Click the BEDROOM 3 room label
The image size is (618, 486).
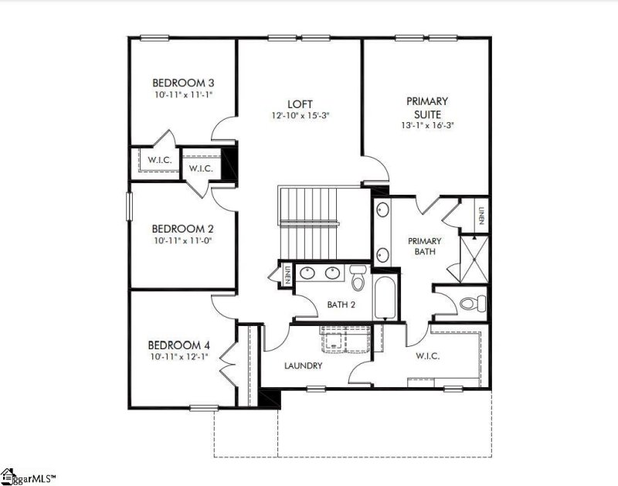tap(182, 83)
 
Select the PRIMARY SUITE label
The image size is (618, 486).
tap(427, 107)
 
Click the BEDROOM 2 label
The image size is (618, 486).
tap(182, 229)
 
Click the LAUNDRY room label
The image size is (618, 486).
tap(303, 365)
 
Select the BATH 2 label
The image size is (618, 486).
tap(341, 304)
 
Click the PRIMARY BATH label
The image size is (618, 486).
tap(424, 246)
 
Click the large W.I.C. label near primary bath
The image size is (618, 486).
tap(426, 356)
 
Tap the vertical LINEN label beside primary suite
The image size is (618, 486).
tap(480, 215)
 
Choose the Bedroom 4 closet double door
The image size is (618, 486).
tap(227, 359)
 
